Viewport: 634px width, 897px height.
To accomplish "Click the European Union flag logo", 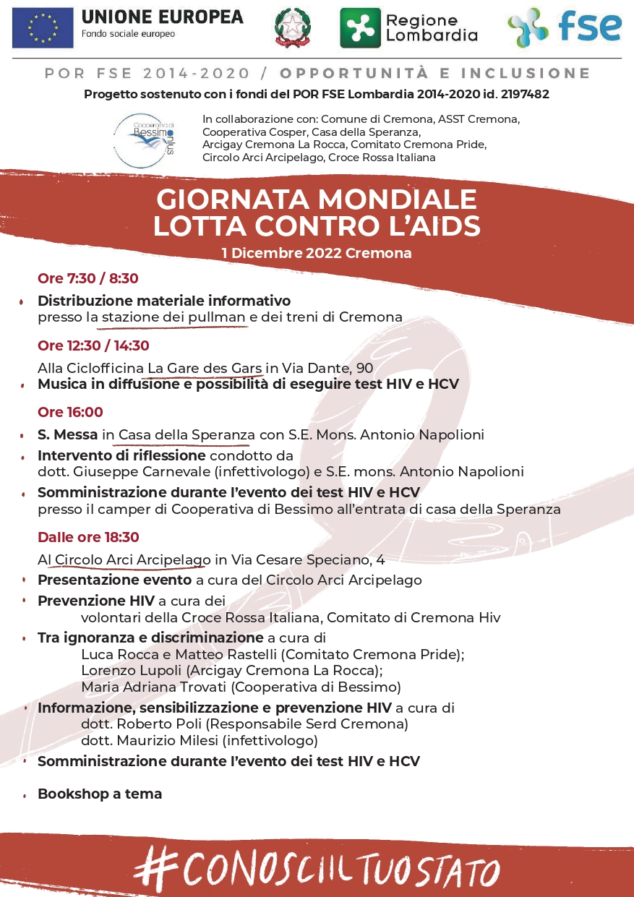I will [43, 27].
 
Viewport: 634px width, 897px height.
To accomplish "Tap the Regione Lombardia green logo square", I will [360, 27].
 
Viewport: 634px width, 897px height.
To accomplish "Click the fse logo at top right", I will [564, 27].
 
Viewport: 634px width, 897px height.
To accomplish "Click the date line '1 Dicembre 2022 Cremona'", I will [317, 253].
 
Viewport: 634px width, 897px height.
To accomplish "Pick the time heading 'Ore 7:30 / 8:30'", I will [87, 278].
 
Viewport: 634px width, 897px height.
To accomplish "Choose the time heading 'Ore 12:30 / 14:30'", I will [93, 346].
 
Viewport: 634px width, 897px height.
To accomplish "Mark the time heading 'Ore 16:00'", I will [70, 412].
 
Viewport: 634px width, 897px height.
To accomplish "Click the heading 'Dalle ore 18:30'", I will [88, 537].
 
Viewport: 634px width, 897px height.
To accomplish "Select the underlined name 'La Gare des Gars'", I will [205, 369].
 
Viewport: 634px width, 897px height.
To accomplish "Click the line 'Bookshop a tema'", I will [100, 794].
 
